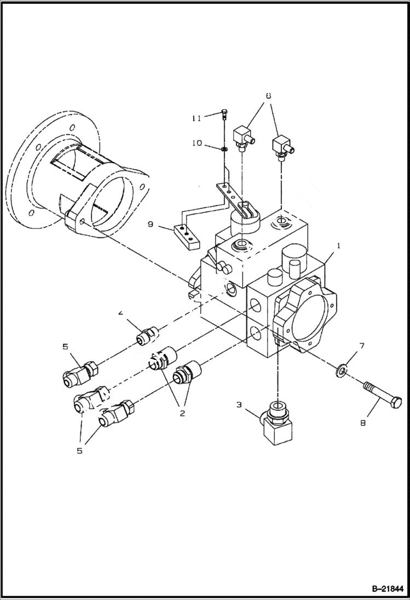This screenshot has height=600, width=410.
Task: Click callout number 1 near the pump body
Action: point(339,246)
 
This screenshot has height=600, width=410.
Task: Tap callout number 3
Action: point(239,405)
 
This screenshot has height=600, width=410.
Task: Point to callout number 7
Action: point(361,346)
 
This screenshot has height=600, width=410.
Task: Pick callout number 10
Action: point(197,143)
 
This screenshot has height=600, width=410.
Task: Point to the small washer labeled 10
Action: point(224,148)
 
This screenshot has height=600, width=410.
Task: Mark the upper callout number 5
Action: point(65,346)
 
